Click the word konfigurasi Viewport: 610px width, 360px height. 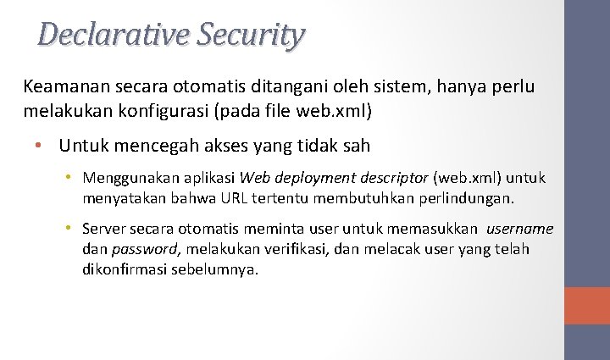[x=165, y=111]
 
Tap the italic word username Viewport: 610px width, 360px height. [x=520, y=229]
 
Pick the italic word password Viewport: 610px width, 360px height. [x=147, y=250]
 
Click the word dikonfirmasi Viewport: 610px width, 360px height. [x=125, y=269]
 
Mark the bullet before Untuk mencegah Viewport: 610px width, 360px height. [x=39, y=146]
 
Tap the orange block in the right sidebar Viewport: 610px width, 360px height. [x=587, y=305]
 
